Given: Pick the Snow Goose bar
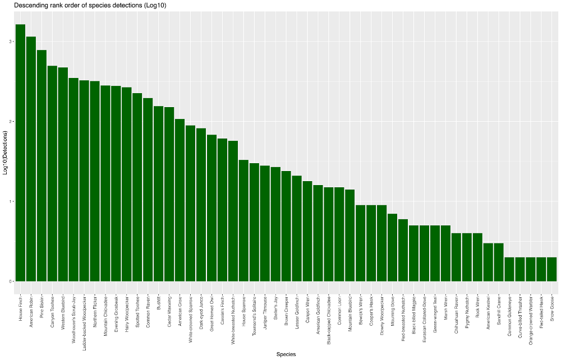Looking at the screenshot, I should (552, 269).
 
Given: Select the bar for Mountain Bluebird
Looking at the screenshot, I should (350, 236).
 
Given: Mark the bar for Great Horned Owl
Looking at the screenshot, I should (211, 207).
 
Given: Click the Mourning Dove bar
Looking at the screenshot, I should (393, 247).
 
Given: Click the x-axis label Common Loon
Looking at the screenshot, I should (340, 307).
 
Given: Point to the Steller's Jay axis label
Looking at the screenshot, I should (276, 306).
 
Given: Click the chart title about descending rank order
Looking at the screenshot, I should (90, 5).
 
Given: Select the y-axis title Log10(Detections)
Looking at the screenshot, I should (5, 153).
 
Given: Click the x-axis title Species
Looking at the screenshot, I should (286, 354).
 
